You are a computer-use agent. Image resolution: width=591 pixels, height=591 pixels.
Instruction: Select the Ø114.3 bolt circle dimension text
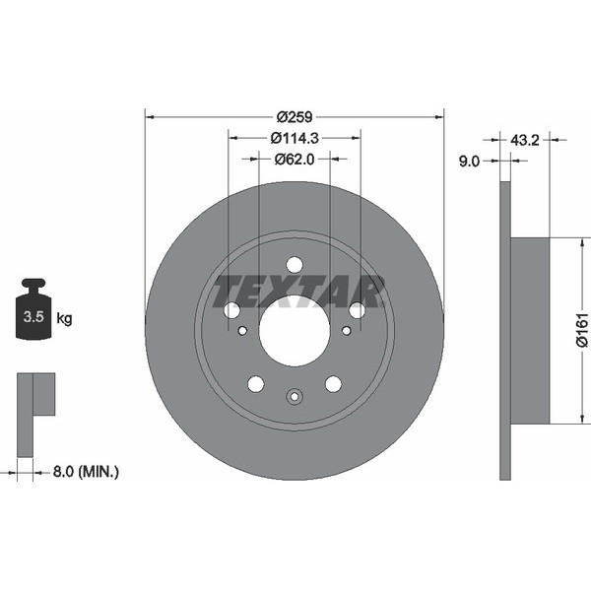(x=295, y=137)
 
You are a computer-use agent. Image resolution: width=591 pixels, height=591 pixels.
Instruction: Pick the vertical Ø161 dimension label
(x=581, y=330)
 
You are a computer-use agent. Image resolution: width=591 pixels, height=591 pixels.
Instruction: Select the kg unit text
(x=64, y=318)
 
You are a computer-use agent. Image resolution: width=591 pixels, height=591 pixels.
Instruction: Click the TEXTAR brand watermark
(x=298, y=291)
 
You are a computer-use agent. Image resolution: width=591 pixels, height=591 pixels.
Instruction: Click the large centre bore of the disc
(x=295, y=330)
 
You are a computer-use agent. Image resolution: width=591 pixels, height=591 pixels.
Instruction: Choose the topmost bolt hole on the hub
(x=295, y=264)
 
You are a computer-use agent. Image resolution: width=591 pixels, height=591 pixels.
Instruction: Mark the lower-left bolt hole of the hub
(x=256, y=383)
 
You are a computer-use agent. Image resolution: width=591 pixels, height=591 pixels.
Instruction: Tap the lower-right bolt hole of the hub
(x=333, y=383)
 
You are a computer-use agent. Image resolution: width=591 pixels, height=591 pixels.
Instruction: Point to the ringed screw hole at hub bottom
(x=295, y=397)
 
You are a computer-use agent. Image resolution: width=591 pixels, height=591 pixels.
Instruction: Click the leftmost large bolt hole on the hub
(x=232, y=310)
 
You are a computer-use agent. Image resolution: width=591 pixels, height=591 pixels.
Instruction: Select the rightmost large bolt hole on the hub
(x=357, y=310)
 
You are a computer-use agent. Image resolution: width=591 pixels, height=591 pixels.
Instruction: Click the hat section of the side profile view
(x=530, y=330)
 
